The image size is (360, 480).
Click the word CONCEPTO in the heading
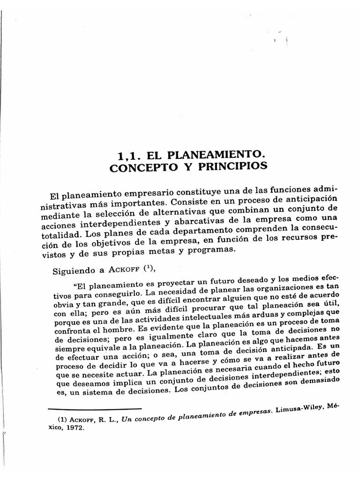(x=138, y=167)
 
